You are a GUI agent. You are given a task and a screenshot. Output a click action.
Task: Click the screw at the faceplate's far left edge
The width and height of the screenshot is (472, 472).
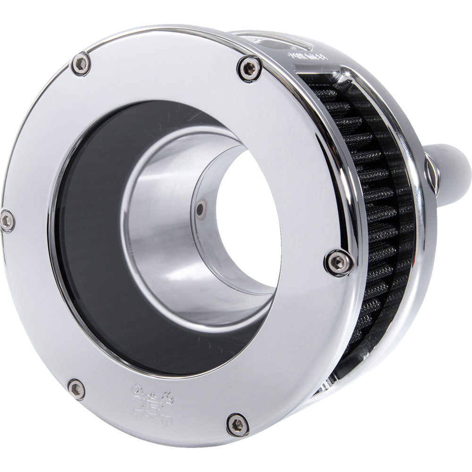click(x=7, y=221)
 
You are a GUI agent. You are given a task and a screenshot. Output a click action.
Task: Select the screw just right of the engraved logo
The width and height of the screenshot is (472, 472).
click(x=237, y=424)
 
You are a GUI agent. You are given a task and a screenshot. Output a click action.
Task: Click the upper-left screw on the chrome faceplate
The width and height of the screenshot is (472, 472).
click(x=81, y=64)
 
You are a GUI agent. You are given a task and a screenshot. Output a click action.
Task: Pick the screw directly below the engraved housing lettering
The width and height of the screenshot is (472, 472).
click(x=250, y=69)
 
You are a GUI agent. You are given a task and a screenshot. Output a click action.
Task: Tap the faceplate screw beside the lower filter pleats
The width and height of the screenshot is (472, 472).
click(x=339, y=263)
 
